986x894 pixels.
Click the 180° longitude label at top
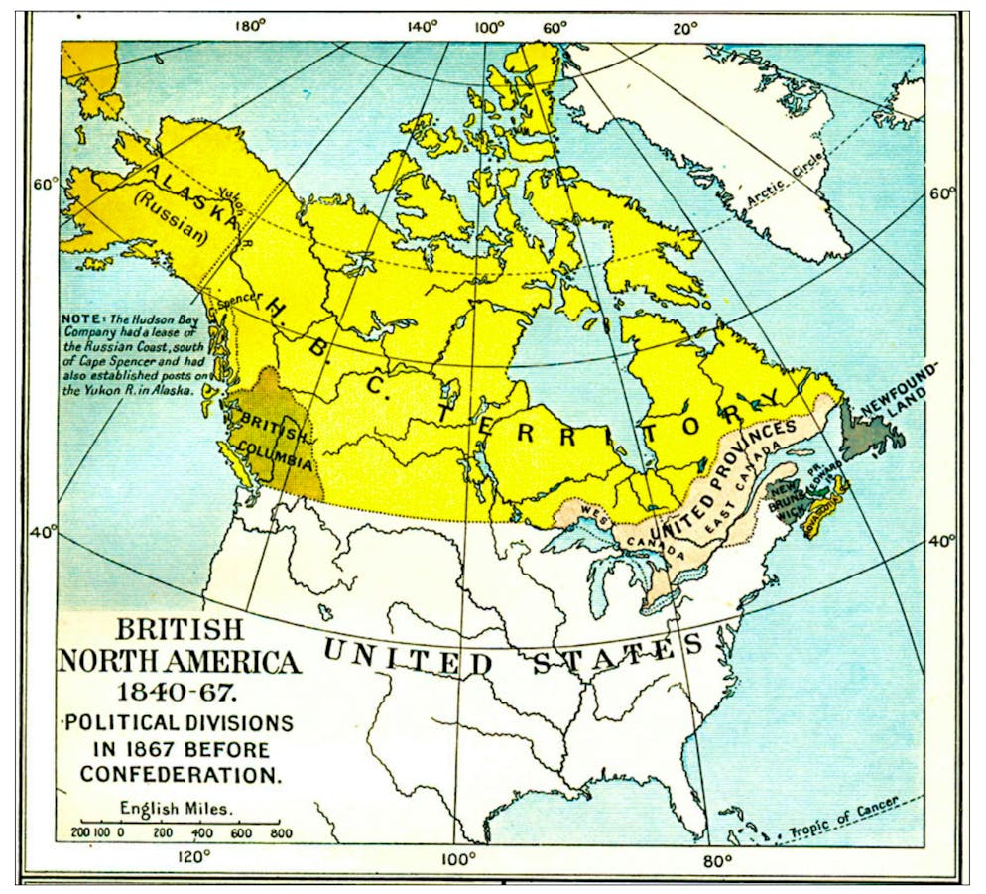(250, 27)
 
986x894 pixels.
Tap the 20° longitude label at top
(684, 27)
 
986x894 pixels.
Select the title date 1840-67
(179, 692)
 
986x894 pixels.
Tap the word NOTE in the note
(79, 319)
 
